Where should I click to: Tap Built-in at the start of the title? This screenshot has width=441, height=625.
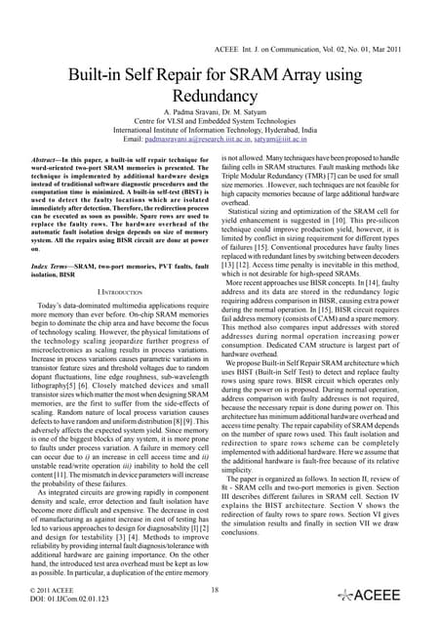click(x=102, y=76)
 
